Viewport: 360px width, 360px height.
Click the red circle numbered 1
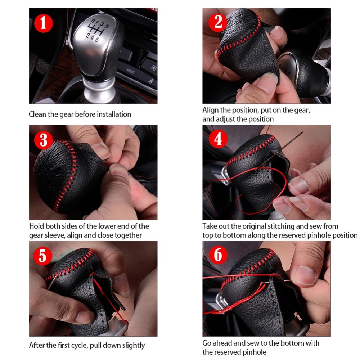tap(44, 23)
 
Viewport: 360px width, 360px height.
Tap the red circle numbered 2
tap(218, 23)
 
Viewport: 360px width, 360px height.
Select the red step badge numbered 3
tap(44, 140)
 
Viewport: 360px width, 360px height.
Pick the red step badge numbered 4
tap(218, 139)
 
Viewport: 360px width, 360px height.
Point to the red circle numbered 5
tap(43, 256)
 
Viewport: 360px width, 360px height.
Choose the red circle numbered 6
tap(218, 255)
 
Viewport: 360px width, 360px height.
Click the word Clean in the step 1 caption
tap(37, 114)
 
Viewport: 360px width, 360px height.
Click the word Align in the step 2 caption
tap(211, 110)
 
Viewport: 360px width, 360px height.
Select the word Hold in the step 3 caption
tap(37, 226)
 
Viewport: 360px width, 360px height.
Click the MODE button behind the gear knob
tap(130, 71)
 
